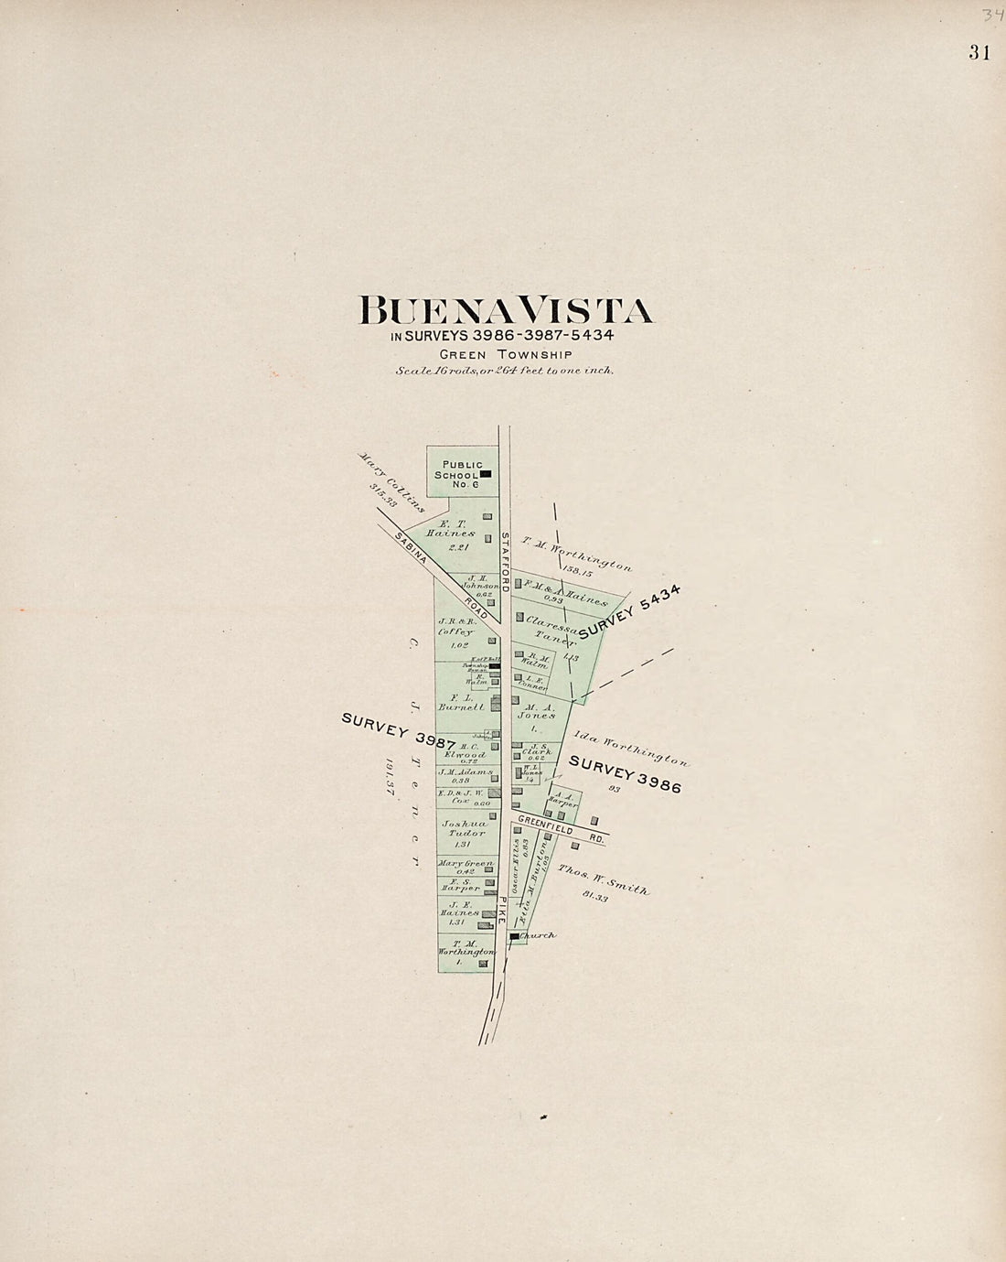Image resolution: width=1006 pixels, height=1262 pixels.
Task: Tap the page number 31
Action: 979,53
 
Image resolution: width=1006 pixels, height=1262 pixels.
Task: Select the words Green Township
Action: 505,354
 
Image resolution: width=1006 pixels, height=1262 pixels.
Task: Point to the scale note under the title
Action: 504,371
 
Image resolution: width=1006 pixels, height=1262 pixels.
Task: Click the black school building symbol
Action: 486,473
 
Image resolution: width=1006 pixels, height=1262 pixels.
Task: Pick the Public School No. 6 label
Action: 462,474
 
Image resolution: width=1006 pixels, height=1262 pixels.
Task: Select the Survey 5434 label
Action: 630,612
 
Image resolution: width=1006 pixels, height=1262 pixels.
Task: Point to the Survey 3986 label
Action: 625,774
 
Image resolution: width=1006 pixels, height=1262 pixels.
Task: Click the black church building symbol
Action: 514,937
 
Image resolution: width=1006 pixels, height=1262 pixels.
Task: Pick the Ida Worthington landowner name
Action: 631,748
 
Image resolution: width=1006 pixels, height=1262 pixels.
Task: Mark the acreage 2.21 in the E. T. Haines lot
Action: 458,546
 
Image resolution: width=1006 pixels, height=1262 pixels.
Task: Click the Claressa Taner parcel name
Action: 551,631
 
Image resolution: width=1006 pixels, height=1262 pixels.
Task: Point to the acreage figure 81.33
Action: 594,897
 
